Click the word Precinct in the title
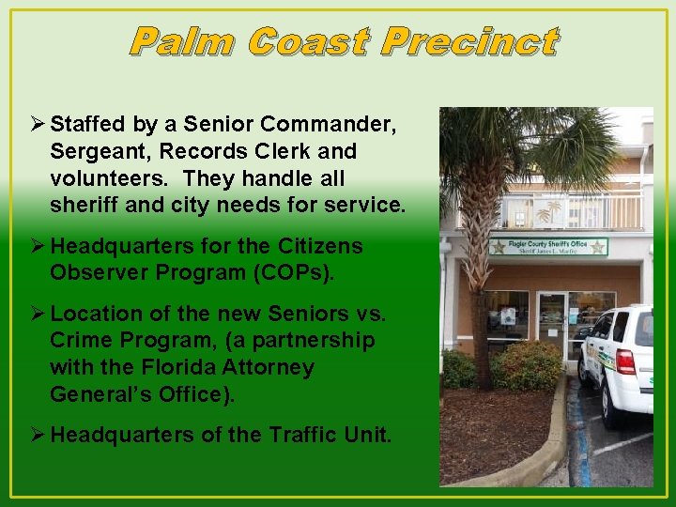coord(470,42)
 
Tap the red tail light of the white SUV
coord(626,361)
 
